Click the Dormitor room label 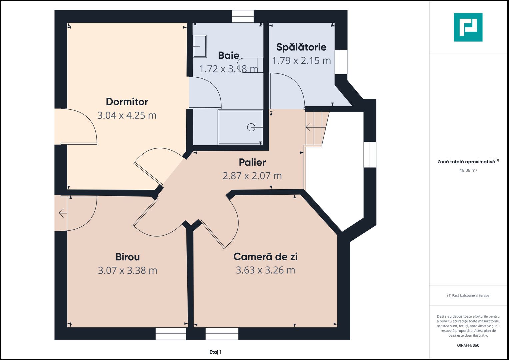pos(127,102)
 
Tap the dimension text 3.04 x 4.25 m pos(127,115)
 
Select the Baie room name pos(229,55)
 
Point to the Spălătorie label pos(301,47)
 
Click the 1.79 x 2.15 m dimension pos(301,60)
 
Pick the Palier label pos(252,162)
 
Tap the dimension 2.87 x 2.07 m pos(252,176)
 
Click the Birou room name pos(127,257)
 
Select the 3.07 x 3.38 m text pos(127,270)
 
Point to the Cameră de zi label pos(265,257)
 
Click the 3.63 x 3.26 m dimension pos(265,270)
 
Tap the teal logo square pos(468,27)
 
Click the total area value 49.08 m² pos(468,170)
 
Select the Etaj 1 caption pos(215,352)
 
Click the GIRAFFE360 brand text pos(468,345)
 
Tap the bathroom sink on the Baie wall pos(200,46)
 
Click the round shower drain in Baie pos(251,127)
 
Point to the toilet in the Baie pos(250,65)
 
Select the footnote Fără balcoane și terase pos(468,295)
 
